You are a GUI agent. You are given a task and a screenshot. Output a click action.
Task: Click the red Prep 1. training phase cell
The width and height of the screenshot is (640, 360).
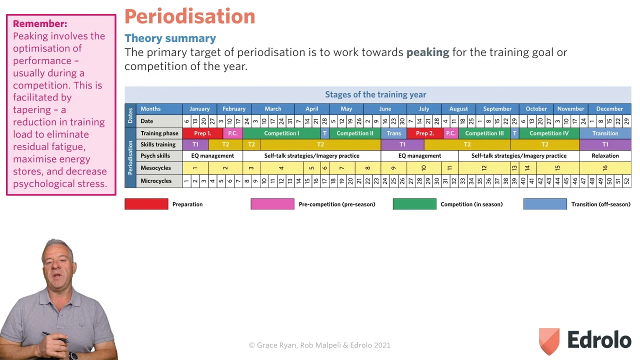[x=202, y=133]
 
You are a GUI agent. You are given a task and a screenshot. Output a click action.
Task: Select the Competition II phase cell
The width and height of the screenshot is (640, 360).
[x=354, y=133]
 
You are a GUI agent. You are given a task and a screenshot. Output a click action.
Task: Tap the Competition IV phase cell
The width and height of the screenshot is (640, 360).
[x=549, y=133]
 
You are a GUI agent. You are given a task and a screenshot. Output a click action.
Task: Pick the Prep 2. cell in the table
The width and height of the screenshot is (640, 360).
[x=424, y=133]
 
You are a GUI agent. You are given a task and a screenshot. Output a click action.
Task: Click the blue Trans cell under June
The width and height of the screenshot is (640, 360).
[x=393, y=133]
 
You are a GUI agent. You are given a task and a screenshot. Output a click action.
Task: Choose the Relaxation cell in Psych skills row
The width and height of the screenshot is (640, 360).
[x=605, y=156]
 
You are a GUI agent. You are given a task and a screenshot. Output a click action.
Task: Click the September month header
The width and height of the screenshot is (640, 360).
[x=497, y=109]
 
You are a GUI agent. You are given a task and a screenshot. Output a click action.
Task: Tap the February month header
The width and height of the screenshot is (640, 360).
[x=234, y=109]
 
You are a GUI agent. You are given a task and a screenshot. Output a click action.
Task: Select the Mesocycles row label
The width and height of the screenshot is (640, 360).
[x=155, y=168]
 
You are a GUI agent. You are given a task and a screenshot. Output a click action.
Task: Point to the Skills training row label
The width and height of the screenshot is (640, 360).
[x=158, y=144]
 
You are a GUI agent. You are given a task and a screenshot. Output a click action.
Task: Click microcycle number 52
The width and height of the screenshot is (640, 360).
[x=626, y=181]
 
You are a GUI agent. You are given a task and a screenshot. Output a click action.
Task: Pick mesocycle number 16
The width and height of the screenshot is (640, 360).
[x=605, y=168]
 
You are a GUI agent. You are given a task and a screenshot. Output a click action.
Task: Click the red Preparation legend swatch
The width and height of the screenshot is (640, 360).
[x=146, y=204]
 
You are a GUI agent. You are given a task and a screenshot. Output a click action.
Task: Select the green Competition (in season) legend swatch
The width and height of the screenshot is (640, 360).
[x=414, y=204]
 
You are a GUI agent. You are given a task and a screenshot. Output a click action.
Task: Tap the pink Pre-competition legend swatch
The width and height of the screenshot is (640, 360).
[x=272, y=204]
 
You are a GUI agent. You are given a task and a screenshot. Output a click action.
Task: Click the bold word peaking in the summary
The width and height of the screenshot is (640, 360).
[x=427, y=52]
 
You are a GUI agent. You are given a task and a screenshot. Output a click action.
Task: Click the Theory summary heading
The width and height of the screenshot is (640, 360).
[x=170, y=38]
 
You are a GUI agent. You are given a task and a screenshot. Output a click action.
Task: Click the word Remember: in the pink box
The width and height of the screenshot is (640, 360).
[x=40, y=23]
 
